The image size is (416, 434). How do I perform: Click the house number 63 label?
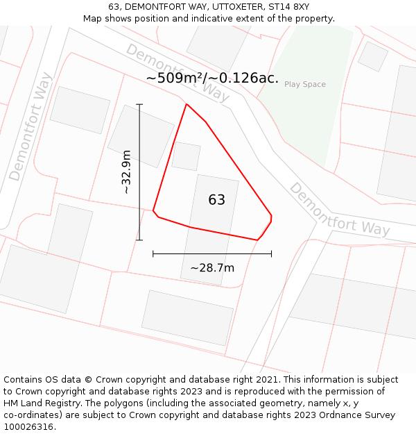pyautogui.click(x=216, y=200)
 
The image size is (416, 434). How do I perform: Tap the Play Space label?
pyautogui.click(x=304, y=85)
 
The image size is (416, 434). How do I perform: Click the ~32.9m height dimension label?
pyautogui.click(x=126, y=172)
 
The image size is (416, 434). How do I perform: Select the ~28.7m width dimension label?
pyautogui.click(x=212, y=268)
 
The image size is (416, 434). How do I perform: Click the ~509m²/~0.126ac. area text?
pyautogui.click(x=212, y=78)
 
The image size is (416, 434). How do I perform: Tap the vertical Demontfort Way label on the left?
pyautogui.click(x=31, y=126)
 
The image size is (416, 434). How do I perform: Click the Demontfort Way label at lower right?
pyautogui.click(x=339, y=210)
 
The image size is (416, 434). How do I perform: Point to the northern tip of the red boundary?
pyautogui.click(x=187, y=104)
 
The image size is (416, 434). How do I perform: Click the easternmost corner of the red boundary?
pyautogui.click(x=271, y=217)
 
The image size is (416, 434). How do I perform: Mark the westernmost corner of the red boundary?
pyautogui.click(x=153, y=210)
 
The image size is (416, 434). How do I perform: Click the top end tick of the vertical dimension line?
pyautogui.click(x=139, y=104)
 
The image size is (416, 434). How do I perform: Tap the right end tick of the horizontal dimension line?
pyautogui.click(x=271, y=253)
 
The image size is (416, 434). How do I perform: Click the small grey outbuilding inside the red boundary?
pyautogui.click(x=186, y=156)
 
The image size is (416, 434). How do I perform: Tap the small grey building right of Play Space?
pyautogui.click(x=372, y=56)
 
